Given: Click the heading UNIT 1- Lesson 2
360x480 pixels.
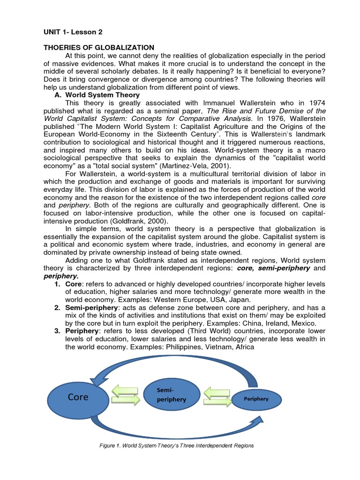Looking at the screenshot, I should (73, 32).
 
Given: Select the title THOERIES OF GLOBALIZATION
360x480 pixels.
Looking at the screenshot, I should (99, 47).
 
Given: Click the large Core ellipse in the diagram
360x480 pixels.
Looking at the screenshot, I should (78, 397).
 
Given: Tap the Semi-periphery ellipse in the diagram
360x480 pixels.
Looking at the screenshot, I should (171, 394).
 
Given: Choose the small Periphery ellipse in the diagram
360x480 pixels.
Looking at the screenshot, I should (256, 399).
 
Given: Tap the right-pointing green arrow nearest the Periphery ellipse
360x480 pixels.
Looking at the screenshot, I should (217, 400).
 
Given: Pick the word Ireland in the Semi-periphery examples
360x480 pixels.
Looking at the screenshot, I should (274, 323).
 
